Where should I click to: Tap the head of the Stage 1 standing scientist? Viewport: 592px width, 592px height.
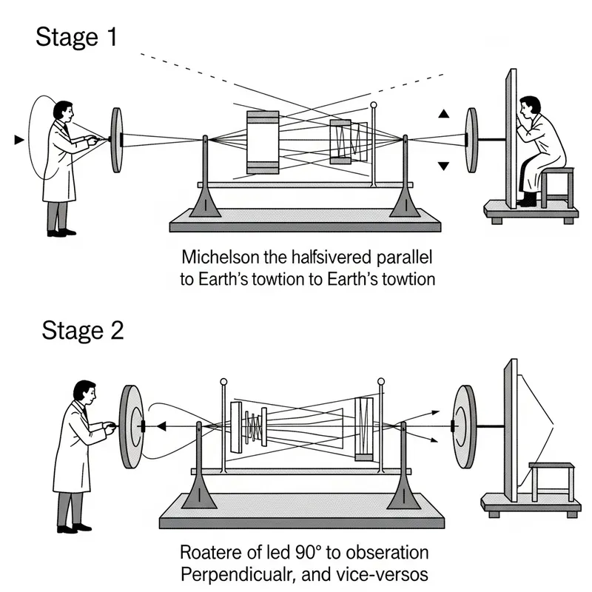point(63,112)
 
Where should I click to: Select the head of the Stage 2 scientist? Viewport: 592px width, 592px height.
point(84,392)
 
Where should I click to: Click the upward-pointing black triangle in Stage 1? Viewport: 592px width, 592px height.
point(443,114)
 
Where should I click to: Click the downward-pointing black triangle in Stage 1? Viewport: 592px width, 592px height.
point(443,166)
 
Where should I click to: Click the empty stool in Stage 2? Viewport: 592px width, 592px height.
point(551,481)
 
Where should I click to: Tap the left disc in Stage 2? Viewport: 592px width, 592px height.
point(131,427)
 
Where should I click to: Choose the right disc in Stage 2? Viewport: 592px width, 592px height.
point(465,427)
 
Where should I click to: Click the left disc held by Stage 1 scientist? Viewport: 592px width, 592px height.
point(117,139)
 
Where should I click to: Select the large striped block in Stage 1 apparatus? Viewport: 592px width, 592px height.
point(263,142)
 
